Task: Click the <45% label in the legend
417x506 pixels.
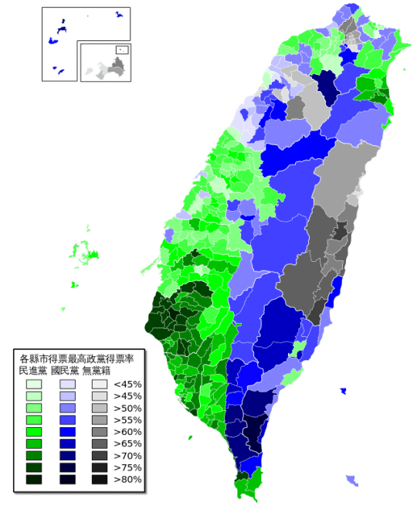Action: [127, 384]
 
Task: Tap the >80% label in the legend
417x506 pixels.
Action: [127, 480]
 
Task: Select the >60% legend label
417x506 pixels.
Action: [127, 432]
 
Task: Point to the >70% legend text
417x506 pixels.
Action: [127, 456]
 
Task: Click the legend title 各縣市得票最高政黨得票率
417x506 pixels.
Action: [77, 359]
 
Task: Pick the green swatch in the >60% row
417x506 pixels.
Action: [34, 432]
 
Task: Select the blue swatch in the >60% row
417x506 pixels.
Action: [67, 432]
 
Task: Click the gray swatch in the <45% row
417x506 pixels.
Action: [100, 384]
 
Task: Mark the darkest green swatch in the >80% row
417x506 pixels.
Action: [34, 480]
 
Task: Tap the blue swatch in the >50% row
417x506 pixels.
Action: [67, 408]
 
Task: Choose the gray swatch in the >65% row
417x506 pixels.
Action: [100, 443]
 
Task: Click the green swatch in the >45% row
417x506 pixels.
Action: [34, 396]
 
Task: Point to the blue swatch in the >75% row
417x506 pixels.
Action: [67, 467]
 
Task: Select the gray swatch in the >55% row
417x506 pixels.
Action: [100, 419]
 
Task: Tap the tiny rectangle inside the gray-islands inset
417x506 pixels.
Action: [121, 50]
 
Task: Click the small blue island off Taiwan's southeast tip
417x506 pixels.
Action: [352, 481]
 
